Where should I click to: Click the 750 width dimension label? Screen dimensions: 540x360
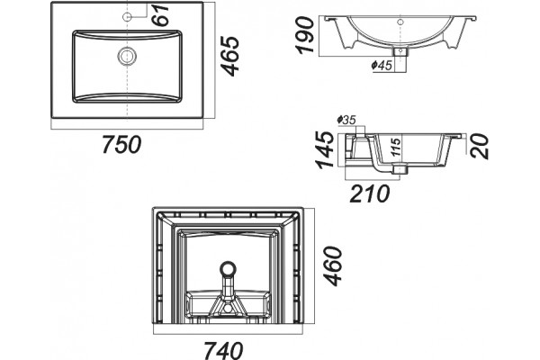coord(121,144)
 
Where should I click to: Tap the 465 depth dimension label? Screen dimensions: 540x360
coord(229,56)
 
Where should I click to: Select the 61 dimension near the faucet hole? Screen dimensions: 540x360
coord(161,14)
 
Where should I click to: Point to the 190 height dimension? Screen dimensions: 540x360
coord(305,35)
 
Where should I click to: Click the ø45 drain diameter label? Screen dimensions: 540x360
coord(382,65)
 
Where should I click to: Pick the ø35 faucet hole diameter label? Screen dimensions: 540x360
coord(346,120)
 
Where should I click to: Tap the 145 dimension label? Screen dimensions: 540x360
coord(325,150)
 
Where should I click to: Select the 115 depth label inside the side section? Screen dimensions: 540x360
coord(396,147)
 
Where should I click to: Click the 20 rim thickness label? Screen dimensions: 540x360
coord(479,146)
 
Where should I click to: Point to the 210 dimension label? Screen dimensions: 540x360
coord(370,193)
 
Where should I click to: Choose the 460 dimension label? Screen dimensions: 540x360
coord(333,266)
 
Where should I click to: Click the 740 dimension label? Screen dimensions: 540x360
coord(223,350)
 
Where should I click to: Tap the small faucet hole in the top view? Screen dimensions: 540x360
coord(127,16)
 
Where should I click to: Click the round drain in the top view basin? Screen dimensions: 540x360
coord(127,56)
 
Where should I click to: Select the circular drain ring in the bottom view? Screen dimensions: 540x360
coord(228,269)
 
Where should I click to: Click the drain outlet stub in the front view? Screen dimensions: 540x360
coord(400,51)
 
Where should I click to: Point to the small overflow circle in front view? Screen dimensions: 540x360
coord(400,22)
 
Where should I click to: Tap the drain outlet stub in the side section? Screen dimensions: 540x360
coord(400,169)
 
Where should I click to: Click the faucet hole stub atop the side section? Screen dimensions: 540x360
coord(359,130)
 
